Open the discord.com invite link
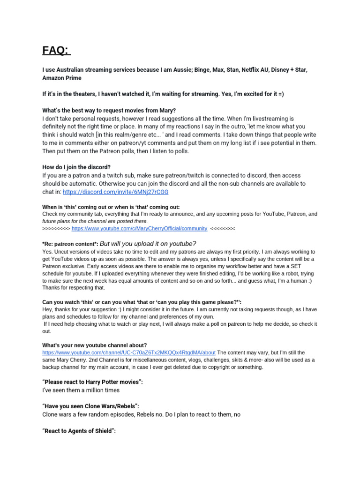(115, 192)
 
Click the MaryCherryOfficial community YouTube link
(139, 228)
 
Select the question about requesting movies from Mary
(109, 111)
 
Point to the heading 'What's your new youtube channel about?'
(95, 345)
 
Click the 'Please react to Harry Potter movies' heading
(92, 382)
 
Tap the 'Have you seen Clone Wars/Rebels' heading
(90, 406)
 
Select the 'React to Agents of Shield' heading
(79, 430)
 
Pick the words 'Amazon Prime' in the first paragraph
(61, 78)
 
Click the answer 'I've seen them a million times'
(81, 390)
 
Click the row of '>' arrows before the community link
(56, 228)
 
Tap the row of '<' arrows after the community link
(223, 228)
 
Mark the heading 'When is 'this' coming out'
(111, 207)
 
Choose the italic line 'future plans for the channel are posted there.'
(95, 221)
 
